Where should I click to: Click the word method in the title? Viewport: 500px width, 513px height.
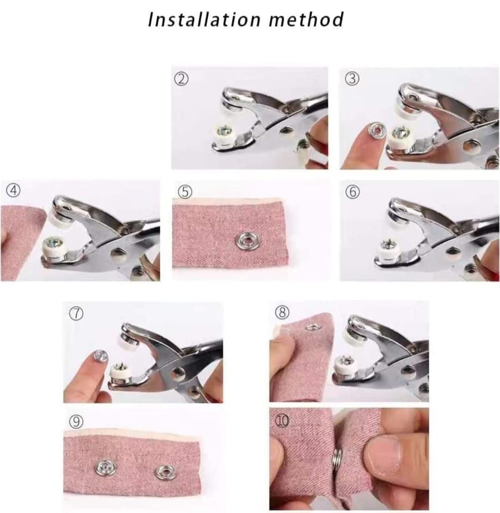pos(306,19)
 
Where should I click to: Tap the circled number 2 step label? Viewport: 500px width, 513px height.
pos(181,79)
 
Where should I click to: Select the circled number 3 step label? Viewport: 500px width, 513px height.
pos(352,78)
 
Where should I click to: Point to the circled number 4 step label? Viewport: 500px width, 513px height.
pos(13,190)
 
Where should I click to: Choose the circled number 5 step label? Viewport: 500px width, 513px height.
pos(185,192)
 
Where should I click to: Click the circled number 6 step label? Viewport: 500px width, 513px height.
pos(353,192)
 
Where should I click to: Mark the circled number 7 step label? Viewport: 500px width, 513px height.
pos(76,313)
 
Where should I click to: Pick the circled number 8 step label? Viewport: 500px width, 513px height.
pos(282,312)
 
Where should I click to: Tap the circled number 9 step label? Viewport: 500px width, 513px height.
pos(76,422)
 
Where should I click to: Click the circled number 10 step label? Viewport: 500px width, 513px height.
pos(282,421)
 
